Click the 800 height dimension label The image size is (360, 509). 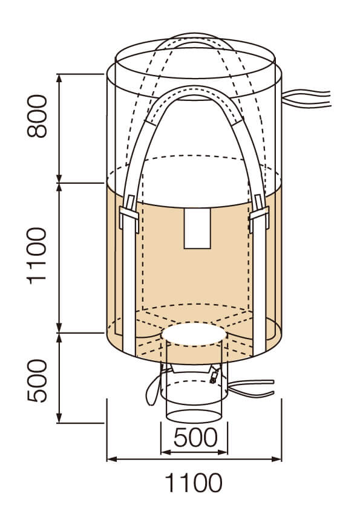37,116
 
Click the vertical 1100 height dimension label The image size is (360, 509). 37,256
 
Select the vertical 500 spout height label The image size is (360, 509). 37,380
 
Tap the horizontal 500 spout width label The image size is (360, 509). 195,437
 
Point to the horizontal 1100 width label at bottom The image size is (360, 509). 194,483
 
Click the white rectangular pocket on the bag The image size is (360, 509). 197,229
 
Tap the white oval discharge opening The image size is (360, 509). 194,334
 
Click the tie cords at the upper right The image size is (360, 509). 306,98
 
